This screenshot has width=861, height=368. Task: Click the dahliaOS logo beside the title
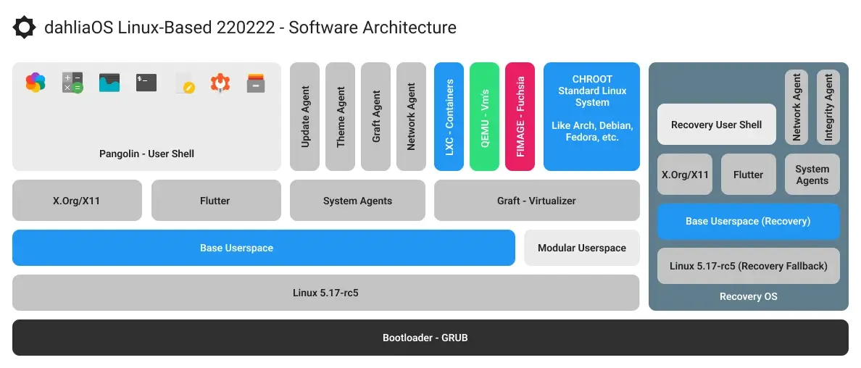click(x=24, y=28)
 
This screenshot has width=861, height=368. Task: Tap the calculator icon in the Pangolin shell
click(x=72, y=83)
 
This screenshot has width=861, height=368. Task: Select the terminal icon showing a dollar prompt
click(x=146, y=83)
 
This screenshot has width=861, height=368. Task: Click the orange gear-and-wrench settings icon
click(x=220, y=83)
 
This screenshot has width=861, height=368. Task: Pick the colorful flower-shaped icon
click(x=36, y=83)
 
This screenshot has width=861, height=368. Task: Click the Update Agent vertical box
click(x=304, y=117)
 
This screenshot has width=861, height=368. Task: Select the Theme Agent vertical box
click(x=340, y=117)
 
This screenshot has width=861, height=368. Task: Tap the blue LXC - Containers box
click(x=449, y=117)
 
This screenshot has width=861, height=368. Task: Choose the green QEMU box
click(x=484, y=117)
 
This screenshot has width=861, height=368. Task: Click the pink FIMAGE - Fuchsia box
click(x=520, y=117)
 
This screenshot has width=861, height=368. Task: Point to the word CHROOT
click(x=591, y=79)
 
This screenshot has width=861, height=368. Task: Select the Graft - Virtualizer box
click(x=536, y=201)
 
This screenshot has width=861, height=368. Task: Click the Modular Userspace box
click(x=581, y=248)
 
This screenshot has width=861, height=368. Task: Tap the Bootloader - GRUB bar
click(x=430, y=338)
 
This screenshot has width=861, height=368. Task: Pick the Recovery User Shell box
click(x=716, y=125)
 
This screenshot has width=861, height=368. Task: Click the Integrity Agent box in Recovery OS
click(x=828, y=107)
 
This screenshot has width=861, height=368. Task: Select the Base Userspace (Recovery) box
click(x=748, y=221)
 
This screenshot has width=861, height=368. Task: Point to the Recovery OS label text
click(x=748, y=296)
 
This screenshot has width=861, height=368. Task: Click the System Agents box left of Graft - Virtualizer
click(x=357, y=201)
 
